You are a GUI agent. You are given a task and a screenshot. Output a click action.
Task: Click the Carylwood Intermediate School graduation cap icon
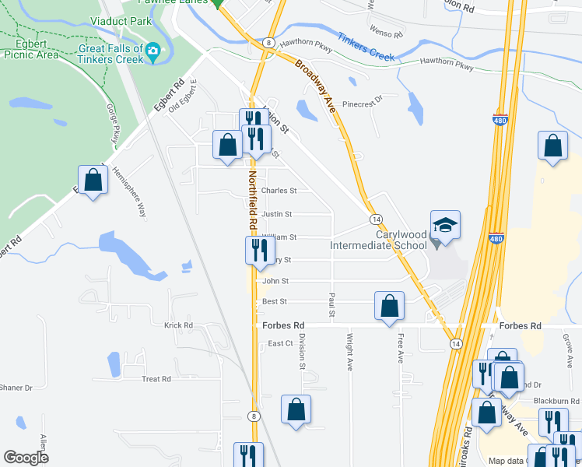(x=446, y=226)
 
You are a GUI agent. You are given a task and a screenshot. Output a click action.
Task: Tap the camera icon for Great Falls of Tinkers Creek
(x=153, y=52)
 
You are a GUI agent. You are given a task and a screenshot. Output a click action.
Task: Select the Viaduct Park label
(x=121, y=21)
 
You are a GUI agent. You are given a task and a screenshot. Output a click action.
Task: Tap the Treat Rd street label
(x=156, y=379)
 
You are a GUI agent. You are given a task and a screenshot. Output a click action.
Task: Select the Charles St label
(x=279, y=191)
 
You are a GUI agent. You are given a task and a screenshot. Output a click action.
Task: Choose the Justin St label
(x=276, y=214)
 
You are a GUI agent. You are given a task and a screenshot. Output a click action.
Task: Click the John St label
(x=275, y=281)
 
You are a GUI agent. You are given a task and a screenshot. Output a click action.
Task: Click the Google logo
(x=26, y=458)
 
